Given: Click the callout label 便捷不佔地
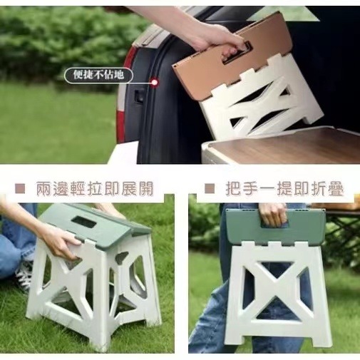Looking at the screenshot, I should point(98,73).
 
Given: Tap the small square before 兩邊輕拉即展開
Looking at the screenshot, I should point(21,189).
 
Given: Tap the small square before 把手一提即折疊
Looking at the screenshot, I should point(209,189).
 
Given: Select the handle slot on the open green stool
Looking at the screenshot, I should point(84,222).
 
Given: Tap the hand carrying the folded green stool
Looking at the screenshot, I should point(272,212).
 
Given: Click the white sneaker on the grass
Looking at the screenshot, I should point(24,274).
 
